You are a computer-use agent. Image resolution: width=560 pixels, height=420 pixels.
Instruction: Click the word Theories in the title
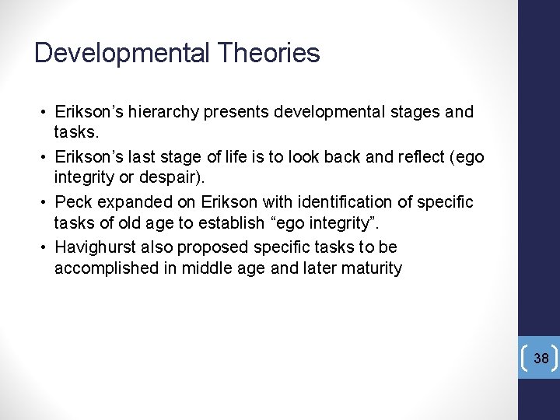click(x=269, y=53)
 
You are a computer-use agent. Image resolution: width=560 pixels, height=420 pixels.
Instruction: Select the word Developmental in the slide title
click(x=122, y=53)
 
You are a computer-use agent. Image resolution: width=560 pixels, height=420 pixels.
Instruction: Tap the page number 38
click(x=541, y=359)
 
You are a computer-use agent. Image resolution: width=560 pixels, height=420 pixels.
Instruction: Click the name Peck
click(x=73, y=202)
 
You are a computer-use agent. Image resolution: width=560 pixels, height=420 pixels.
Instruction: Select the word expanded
click(x=129, y=202)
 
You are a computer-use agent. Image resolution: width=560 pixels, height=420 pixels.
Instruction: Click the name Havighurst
click(x=93, y=247)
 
